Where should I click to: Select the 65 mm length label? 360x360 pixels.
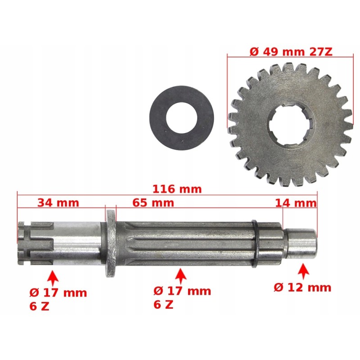click(153, 202)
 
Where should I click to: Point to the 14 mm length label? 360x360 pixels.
click(295, 203)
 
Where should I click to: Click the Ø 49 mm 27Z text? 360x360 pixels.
click(291, 51)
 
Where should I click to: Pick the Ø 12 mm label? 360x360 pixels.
click(303, 287)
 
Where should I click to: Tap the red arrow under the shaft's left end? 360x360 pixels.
click(53, 277)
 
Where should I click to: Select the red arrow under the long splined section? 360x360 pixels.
click(180, 275)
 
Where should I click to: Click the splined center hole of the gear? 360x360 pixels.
click(288, 126)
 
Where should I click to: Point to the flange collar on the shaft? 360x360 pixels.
click(110, 243)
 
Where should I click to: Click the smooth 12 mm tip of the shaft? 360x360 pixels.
click(301, 244)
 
